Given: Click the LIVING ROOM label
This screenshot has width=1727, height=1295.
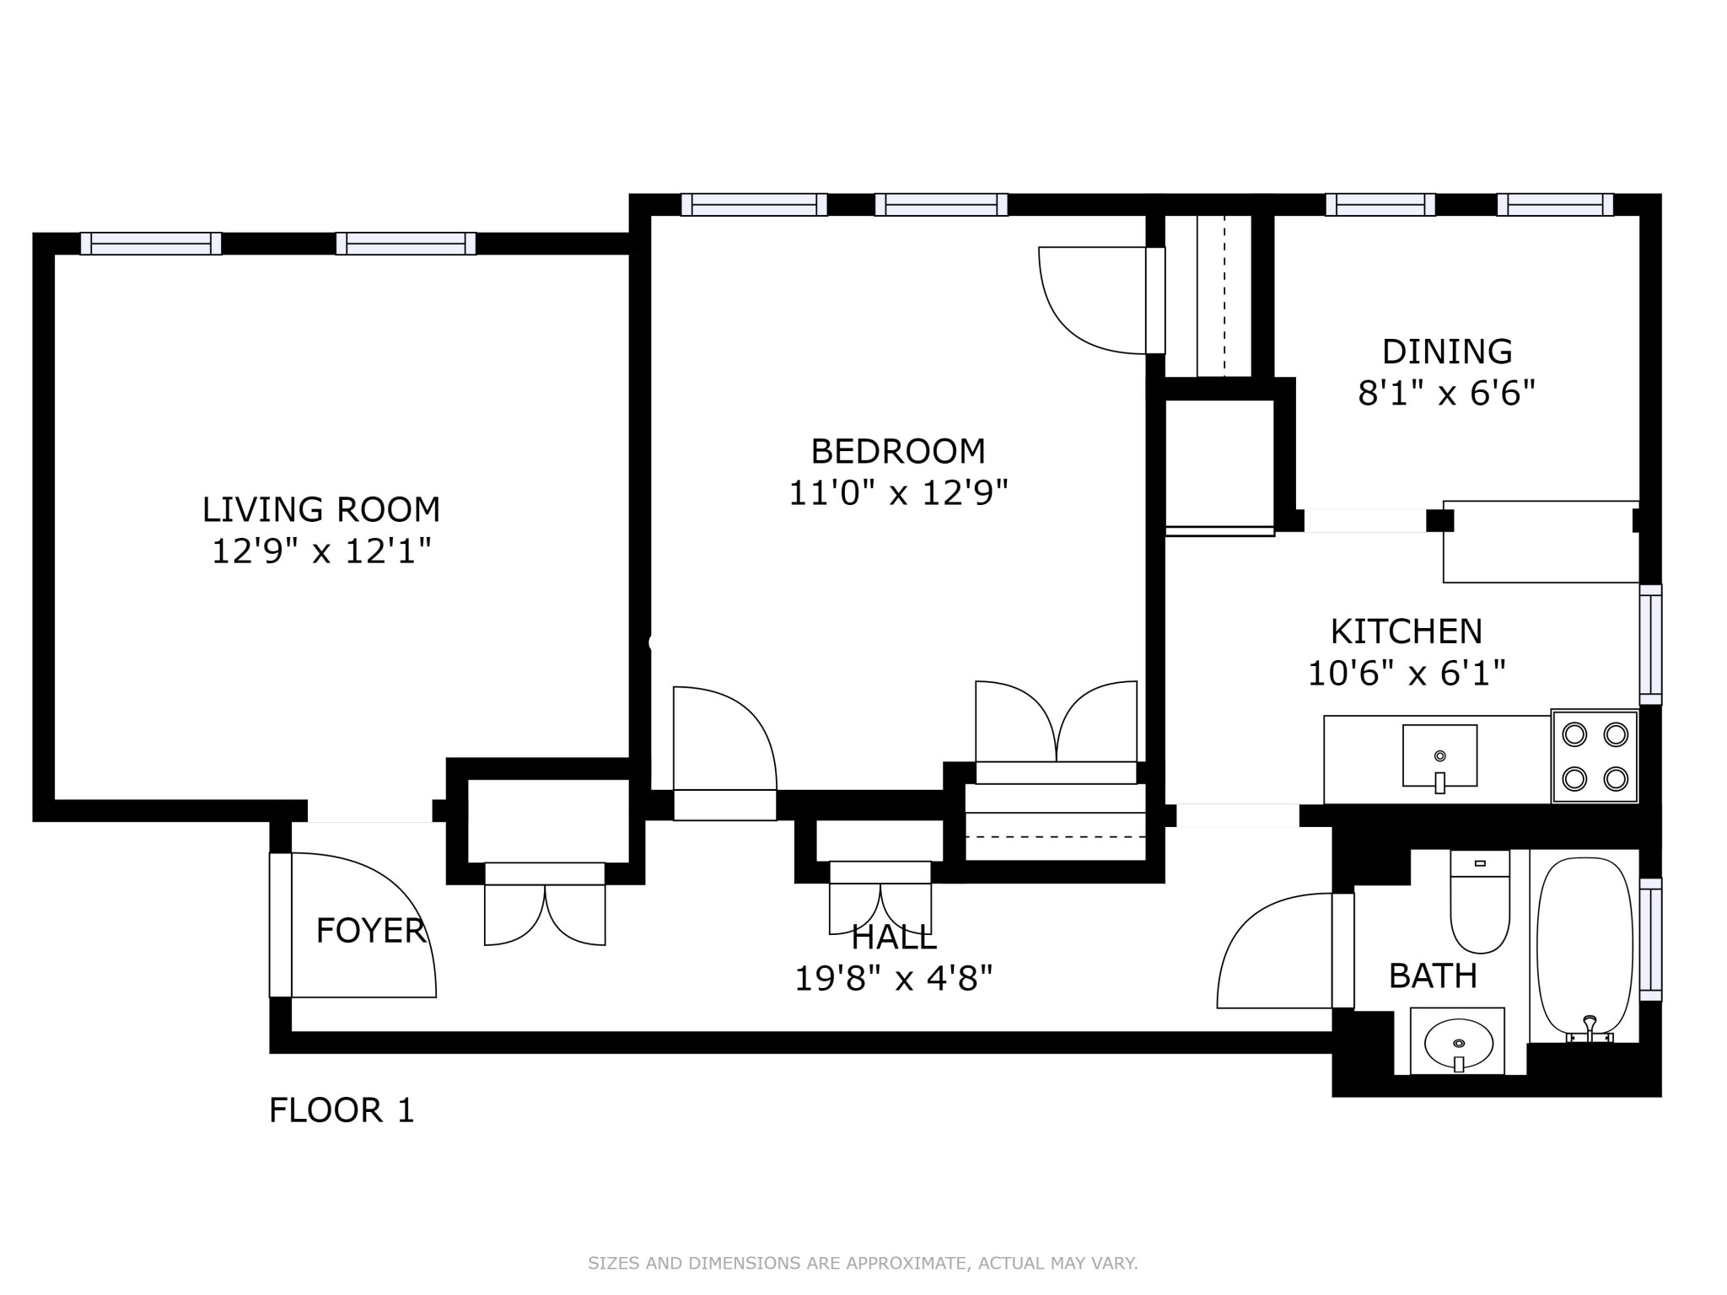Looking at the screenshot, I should click(320, 509).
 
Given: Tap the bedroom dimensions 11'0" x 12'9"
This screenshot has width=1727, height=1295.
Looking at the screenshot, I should click(898, 493).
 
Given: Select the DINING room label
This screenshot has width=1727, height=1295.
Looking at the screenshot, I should click(1447, 352).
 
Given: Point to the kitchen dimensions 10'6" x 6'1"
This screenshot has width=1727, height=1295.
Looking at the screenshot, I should click(1406, 674).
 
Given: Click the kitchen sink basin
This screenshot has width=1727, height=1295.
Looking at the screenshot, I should click(1439, 755).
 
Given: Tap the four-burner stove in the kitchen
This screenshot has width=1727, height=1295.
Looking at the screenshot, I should click(1594, 756).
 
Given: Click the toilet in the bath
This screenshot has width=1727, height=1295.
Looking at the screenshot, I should click(1480, 906).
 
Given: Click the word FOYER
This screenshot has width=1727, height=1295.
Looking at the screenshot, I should click(370, 931).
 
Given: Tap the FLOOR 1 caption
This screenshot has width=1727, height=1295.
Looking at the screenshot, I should click(342, 1110).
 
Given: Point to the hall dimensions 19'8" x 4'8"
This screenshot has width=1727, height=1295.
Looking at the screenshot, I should click(894, 979).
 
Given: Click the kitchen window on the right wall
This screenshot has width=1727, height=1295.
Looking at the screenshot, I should click(1650, 644).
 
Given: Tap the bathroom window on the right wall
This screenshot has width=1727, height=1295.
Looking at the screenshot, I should click(1650, 939).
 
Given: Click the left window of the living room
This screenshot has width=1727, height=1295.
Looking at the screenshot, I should click(151, 244).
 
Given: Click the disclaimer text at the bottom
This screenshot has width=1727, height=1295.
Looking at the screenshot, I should click(863, 1263).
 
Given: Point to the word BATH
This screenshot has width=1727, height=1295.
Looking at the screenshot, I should click(1433, 976).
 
